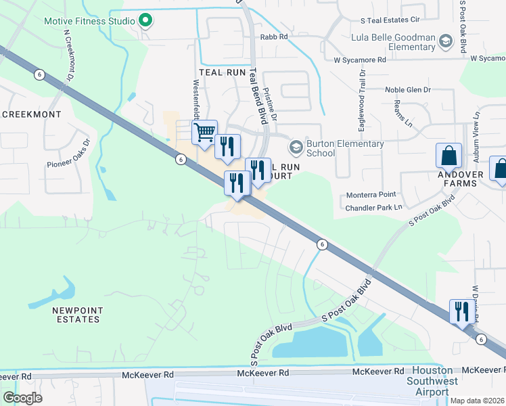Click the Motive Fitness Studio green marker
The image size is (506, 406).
click(145, 21)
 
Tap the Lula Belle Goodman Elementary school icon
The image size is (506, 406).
click(445, 42)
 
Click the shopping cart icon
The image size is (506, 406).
click(204, 132)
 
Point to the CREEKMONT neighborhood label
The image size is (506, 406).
click(31, 114)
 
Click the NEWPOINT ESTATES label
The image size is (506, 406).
click(77, 315)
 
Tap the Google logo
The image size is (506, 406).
click(22, 397)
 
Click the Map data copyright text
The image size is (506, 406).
click(477, 401)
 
